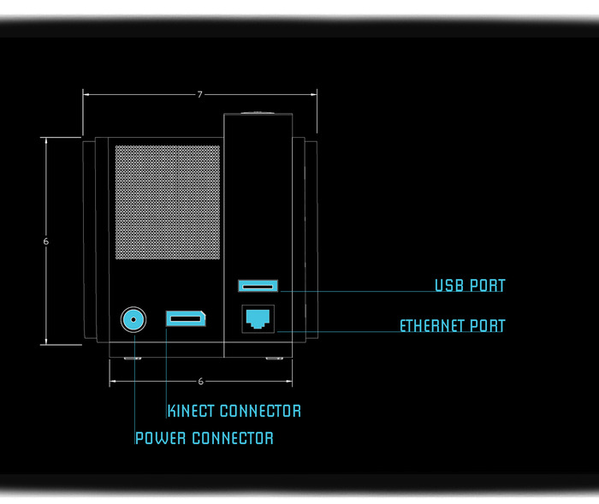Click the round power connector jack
[x=133, y=320]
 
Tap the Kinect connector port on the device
[x=185, y=319]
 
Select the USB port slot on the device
[x=258, y=285]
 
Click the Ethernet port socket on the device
[x=258, y=319]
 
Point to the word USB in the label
[x=449, y=286]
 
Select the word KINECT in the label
[x=192, y=411]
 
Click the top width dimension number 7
[x=200, y=95]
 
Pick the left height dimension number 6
[x=45, y=241]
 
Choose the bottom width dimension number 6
[x=200, y=382]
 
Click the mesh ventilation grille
[x=168, y=203]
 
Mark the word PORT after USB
[x=487, y=286]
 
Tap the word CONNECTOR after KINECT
[x=260, y=411]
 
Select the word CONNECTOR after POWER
[x=232, y=438]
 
